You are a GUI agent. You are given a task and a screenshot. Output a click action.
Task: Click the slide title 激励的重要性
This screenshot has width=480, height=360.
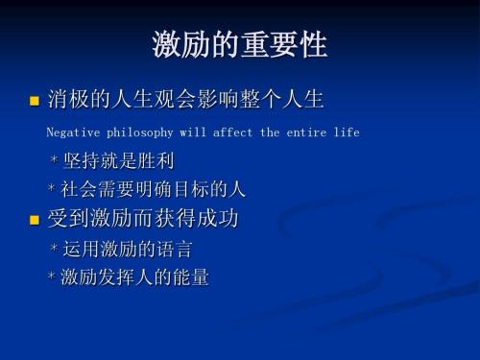[239, 45]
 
